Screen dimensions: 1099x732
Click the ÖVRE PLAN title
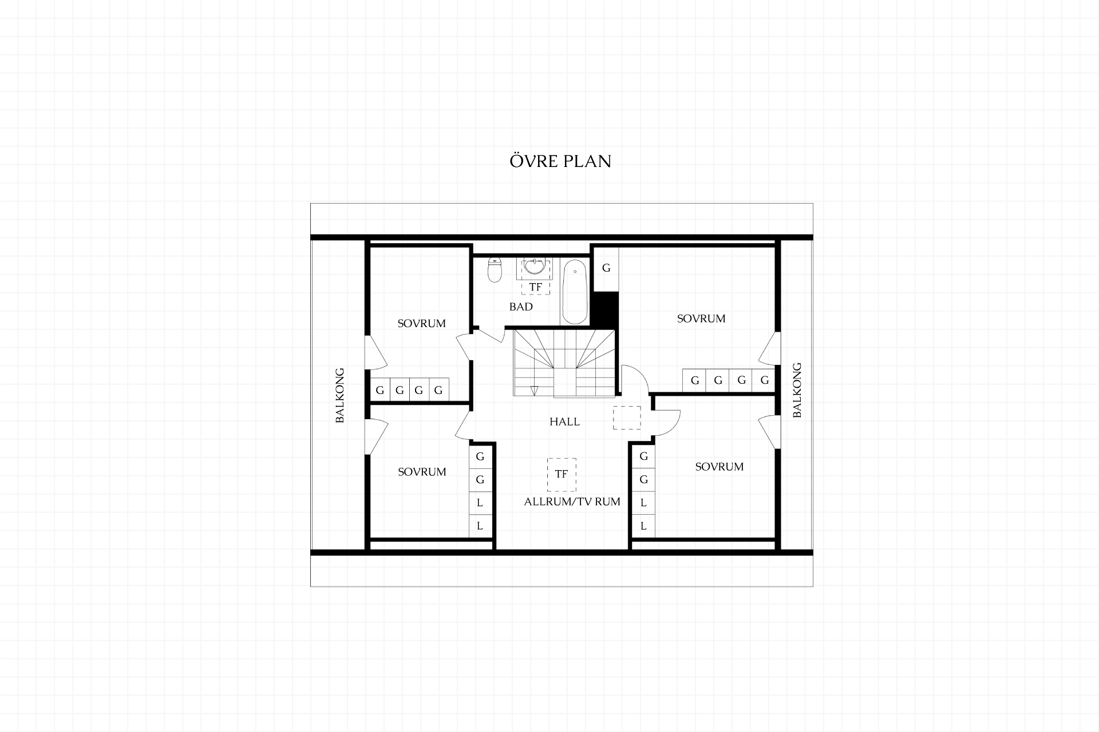tap(560, 161)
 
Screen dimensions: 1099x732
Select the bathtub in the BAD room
tap(574, 292)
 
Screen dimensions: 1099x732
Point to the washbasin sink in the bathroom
tap(535, 266)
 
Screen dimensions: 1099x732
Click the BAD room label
tap(521, 307)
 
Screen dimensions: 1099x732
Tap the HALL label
tap(564, 421)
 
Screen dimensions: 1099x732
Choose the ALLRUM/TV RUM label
tap(572, 502)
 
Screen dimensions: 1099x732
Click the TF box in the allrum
tap(562, 475)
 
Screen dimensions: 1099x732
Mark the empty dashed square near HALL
tap(627, 417)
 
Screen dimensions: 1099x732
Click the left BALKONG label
tap(340, 395)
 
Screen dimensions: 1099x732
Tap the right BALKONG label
tap(797, 390)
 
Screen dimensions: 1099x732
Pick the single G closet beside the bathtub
tap(606, 268)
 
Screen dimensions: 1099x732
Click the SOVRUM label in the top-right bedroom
tap(701, 319)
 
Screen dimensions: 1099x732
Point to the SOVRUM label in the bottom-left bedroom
tap(422, 472)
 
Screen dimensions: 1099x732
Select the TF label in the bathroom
tap(535, 287)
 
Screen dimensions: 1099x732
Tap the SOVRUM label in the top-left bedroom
tap(421, 323)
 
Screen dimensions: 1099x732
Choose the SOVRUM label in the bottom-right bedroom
tap(720, 467)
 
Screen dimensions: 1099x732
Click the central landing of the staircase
tap(564, 383)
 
